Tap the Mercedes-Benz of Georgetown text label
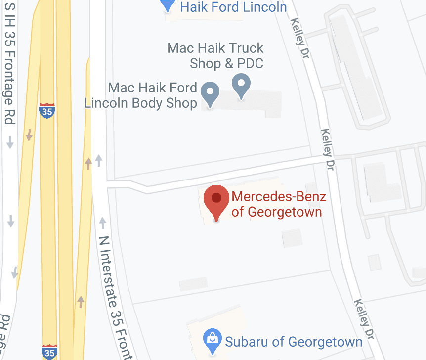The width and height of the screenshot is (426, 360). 278,204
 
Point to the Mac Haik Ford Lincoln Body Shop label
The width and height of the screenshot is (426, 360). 141,95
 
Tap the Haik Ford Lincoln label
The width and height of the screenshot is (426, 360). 233,7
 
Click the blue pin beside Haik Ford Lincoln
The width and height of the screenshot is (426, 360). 168,5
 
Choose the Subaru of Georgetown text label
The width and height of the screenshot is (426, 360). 294,342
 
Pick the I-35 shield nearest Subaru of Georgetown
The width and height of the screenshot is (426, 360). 49,352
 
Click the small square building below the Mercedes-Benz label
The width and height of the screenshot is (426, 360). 292,238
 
